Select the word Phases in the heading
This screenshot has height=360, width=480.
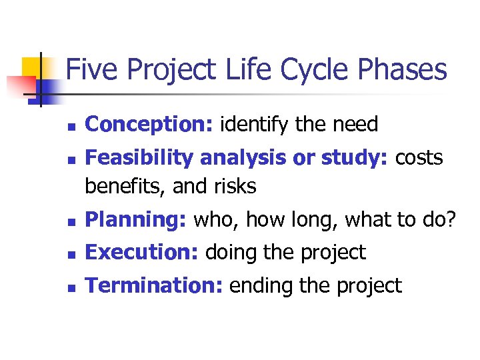(x=406, y=69)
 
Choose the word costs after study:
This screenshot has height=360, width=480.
(x=419, y=158)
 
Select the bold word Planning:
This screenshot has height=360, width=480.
(x=137, y=220)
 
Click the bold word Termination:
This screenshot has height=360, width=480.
(x=155, y=286)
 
